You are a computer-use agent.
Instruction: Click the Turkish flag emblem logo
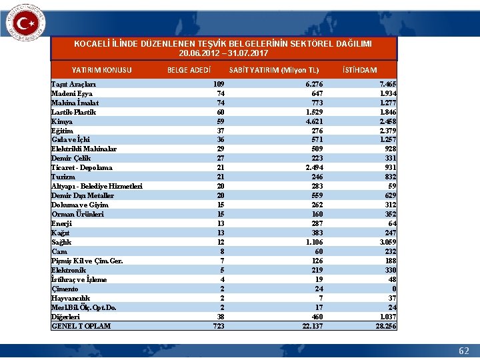point(25,25)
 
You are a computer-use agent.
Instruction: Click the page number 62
point(463,351)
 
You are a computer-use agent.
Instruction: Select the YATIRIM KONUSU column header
point(102,70)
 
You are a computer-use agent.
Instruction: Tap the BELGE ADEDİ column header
point(189,70)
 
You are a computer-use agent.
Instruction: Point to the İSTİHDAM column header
point(359,70)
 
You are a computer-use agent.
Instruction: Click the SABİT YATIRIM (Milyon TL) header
point(274,70)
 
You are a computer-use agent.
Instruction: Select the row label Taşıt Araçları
point(74,84)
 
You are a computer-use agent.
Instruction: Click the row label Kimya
point(62,121)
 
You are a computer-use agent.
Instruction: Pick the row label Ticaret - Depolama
point(81,168)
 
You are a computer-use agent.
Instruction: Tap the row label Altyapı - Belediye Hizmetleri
point(97,187)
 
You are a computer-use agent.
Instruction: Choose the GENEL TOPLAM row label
point(81,326)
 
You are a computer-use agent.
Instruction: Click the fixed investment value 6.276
point(314,84)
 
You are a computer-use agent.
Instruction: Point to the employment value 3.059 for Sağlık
point(387,242)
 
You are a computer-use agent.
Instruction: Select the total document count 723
point(218,326)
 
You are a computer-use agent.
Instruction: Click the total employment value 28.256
point(386,326)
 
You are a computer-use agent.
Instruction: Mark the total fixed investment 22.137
point(311,326)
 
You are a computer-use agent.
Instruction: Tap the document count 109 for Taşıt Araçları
point(218,84)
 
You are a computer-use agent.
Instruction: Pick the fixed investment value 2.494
point(314,168)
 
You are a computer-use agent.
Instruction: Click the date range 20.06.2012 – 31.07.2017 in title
point(224,52)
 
